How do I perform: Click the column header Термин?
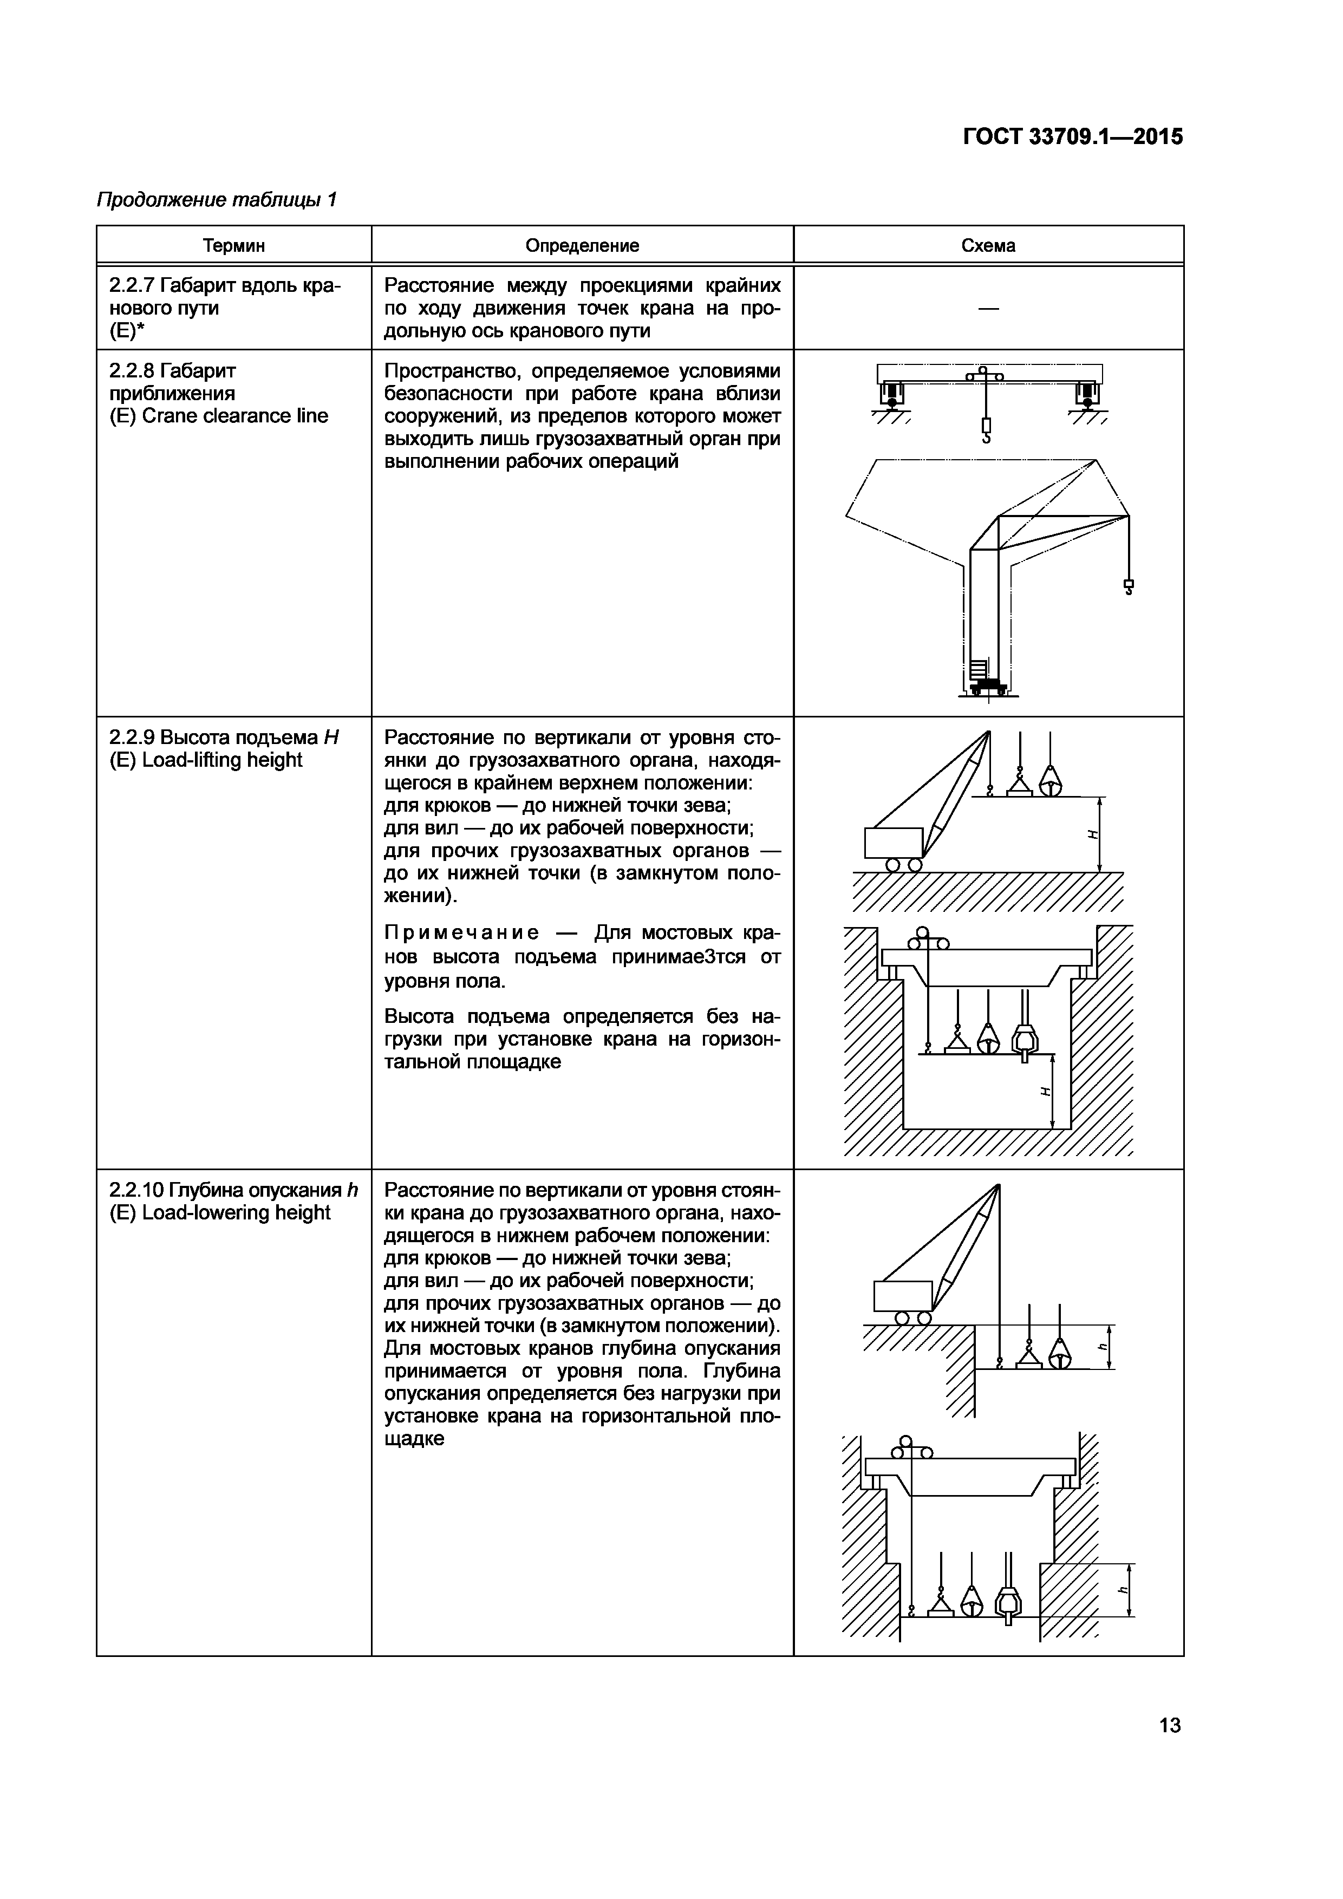pos(234,246)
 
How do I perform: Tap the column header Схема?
pos(988,246)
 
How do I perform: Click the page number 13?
pos(1169,1725)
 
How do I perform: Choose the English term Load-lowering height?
pos(237,1212)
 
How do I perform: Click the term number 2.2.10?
pos(136,1190)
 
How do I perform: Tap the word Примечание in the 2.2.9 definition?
pos(462,934)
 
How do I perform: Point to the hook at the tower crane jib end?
pos(1128,587)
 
